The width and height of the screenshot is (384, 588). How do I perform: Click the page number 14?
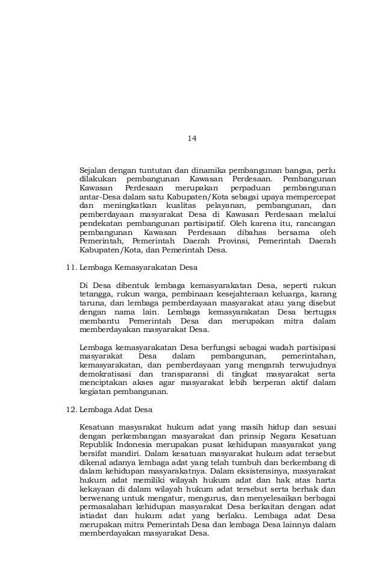(x=191, y=139)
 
